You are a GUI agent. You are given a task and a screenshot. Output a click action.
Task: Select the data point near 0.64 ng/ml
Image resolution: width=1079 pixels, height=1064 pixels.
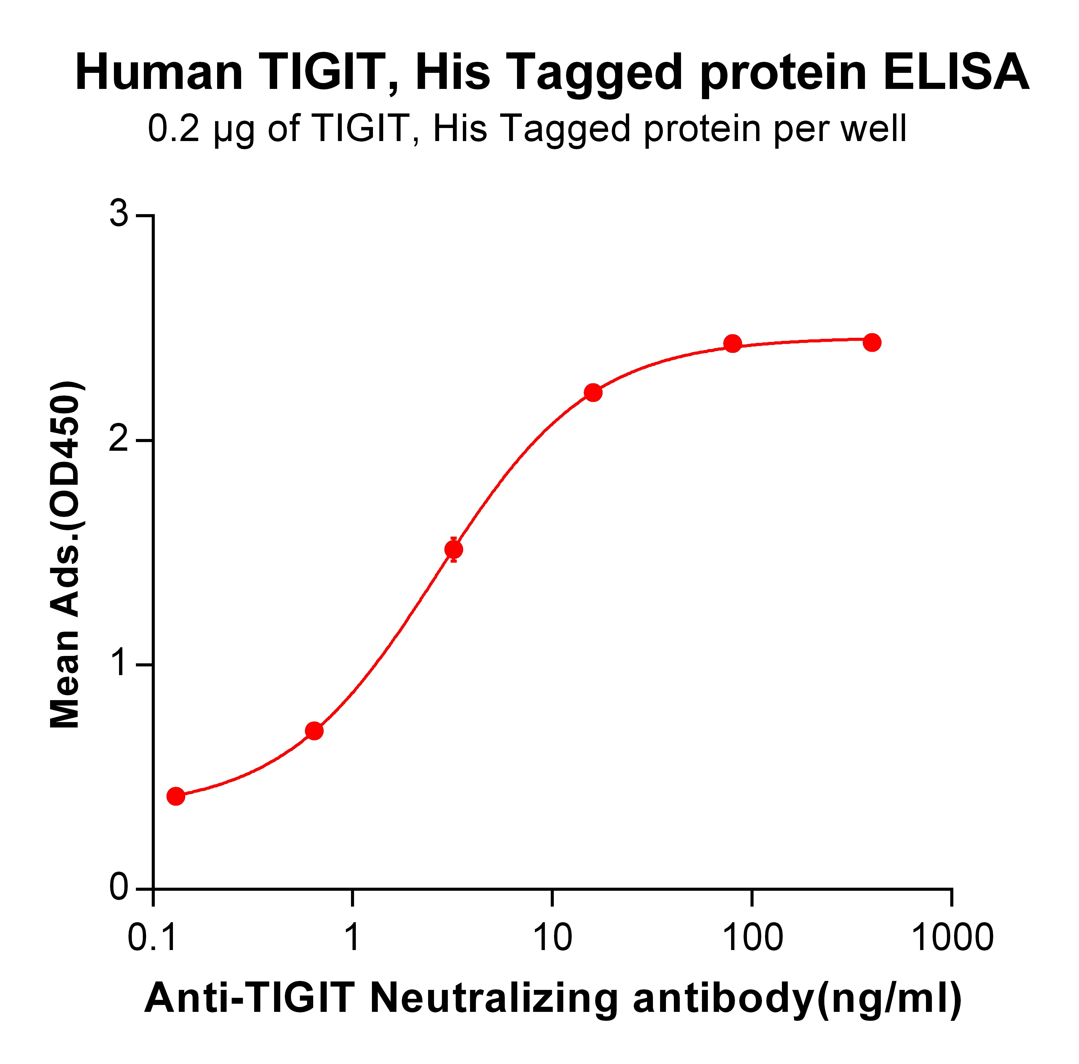point(314,731)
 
